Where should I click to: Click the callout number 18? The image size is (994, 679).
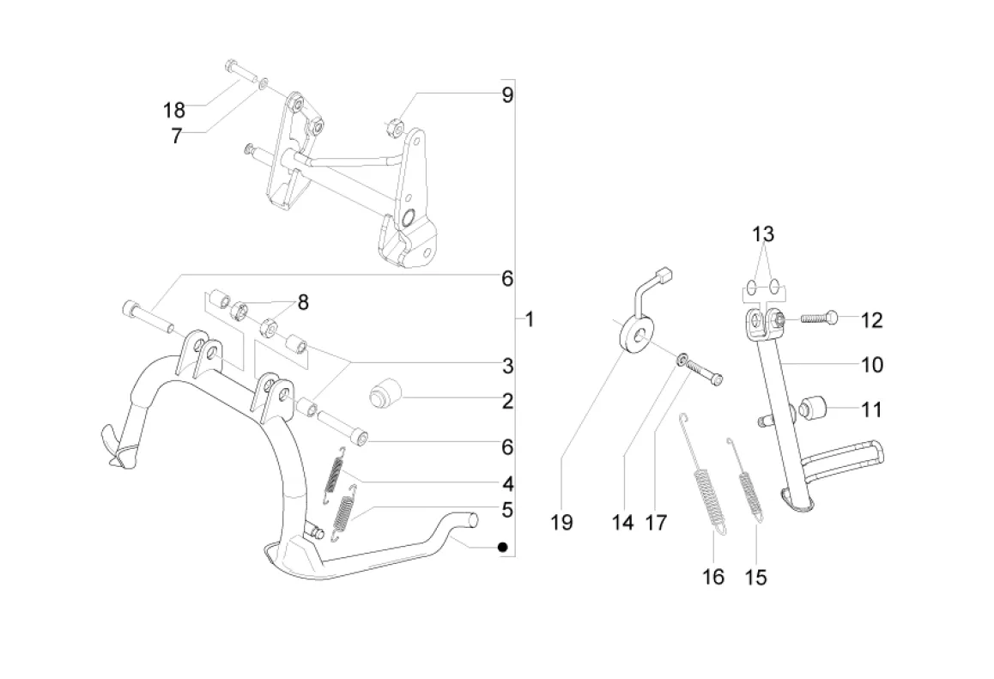(174, 111)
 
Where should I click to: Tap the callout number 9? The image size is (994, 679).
(507, 95)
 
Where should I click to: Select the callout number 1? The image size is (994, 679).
(530, 318)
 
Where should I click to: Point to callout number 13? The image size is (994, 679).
(763, 234)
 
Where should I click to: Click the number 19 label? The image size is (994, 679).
(561, 523)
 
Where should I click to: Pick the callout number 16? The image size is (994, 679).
(713, 577)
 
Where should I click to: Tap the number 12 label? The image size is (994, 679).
(871, 320)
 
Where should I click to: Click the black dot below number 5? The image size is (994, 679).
(503, 547)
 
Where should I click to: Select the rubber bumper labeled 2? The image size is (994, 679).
(385, 394)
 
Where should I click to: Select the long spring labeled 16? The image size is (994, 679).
(702, 476)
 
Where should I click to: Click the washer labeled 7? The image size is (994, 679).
(264, 82)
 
